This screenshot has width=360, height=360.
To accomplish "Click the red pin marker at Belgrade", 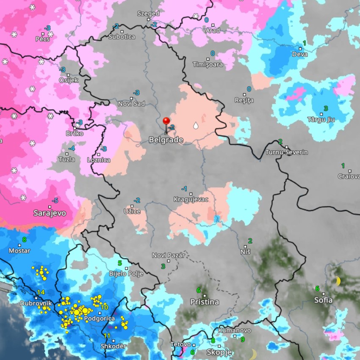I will [166, 121].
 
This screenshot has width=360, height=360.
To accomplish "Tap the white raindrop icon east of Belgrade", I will [195, 126].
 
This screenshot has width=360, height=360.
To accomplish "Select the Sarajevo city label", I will [50, 213].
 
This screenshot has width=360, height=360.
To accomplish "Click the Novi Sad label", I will [131, 104].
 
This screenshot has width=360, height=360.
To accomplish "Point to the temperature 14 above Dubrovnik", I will [41, 292].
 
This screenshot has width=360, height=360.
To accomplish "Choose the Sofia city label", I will [323, 300].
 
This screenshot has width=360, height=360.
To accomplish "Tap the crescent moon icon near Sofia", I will [338, 281].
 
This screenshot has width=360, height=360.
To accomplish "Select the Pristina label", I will [205, 302].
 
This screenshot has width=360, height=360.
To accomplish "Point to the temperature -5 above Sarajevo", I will [55, 201].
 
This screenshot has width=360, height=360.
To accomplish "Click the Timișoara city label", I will [208, 65].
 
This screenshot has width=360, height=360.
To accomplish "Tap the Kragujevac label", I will [191, 199].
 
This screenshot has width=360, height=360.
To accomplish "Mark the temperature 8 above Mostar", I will [24, 239].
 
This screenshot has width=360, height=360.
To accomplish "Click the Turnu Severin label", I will [286, 152].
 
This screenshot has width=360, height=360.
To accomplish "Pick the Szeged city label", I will [148, 14].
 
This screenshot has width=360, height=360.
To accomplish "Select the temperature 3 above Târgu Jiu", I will [326, 108].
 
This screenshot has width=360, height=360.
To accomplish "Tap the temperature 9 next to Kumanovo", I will [243, 339].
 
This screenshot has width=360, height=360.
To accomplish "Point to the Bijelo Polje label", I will [126, 274].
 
